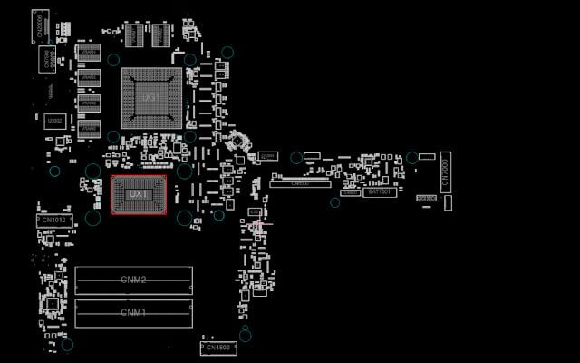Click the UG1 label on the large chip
[151, 97]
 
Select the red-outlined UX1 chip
[138, 194]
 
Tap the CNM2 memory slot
[134, 280]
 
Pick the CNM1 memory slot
[134, 312]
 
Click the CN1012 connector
[53, 221]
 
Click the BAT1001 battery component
[379, 192]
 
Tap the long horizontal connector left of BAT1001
[302, 183]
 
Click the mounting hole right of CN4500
[246, 336]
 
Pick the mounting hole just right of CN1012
[92, 218]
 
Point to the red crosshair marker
[259, 222]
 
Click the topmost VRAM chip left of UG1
[88, 54]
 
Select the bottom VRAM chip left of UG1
[88, 130]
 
